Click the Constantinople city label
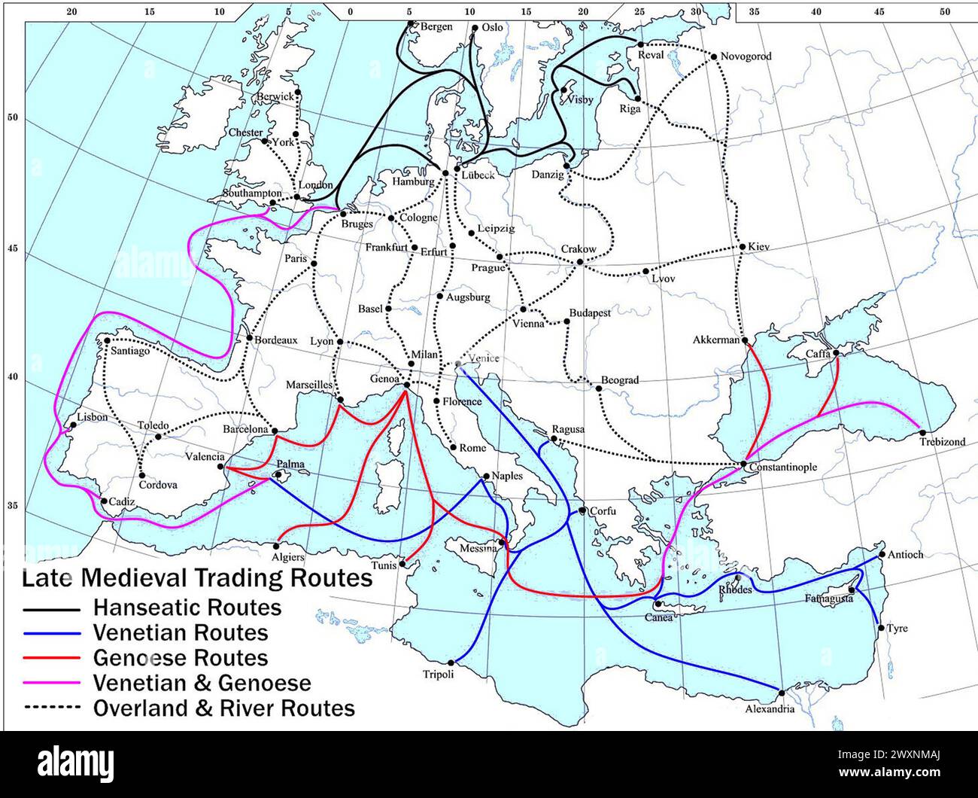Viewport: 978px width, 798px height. pos(782,468)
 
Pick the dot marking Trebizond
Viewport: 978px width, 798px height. pos(922,432)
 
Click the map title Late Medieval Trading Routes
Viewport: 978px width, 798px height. pos(196,577)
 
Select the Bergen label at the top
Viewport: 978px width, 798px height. pos(436,27)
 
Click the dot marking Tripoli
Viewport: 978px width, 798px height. pos(451,662)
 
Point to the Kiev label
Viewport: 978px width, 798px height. pos(759,247)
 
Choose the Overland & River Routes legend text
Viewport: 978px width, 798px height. pos(223,708)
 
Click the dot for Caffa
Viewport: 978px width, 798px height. pos(837,352)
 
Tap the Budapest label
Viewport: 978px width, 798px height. pos(590,312)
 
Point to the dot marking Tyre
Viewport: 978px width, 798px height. pos(880,626)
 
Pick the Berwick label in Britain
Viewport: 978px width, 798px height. pos(275,97)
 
